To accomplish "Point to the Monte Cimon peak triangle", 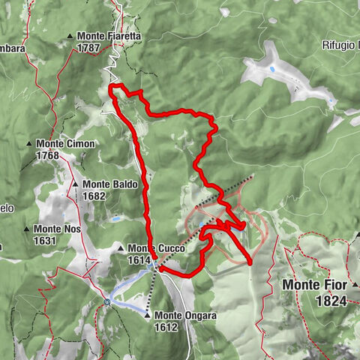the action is tap(30, 144).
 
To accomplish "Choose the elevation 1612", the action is tap(166, 327).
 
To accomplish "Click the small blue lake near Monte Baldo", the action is tap(116, 220).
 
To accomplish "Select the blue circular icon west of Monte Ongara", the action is tap(107, 302).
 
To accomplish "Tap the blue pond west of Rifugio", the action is tap(271, 68).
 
